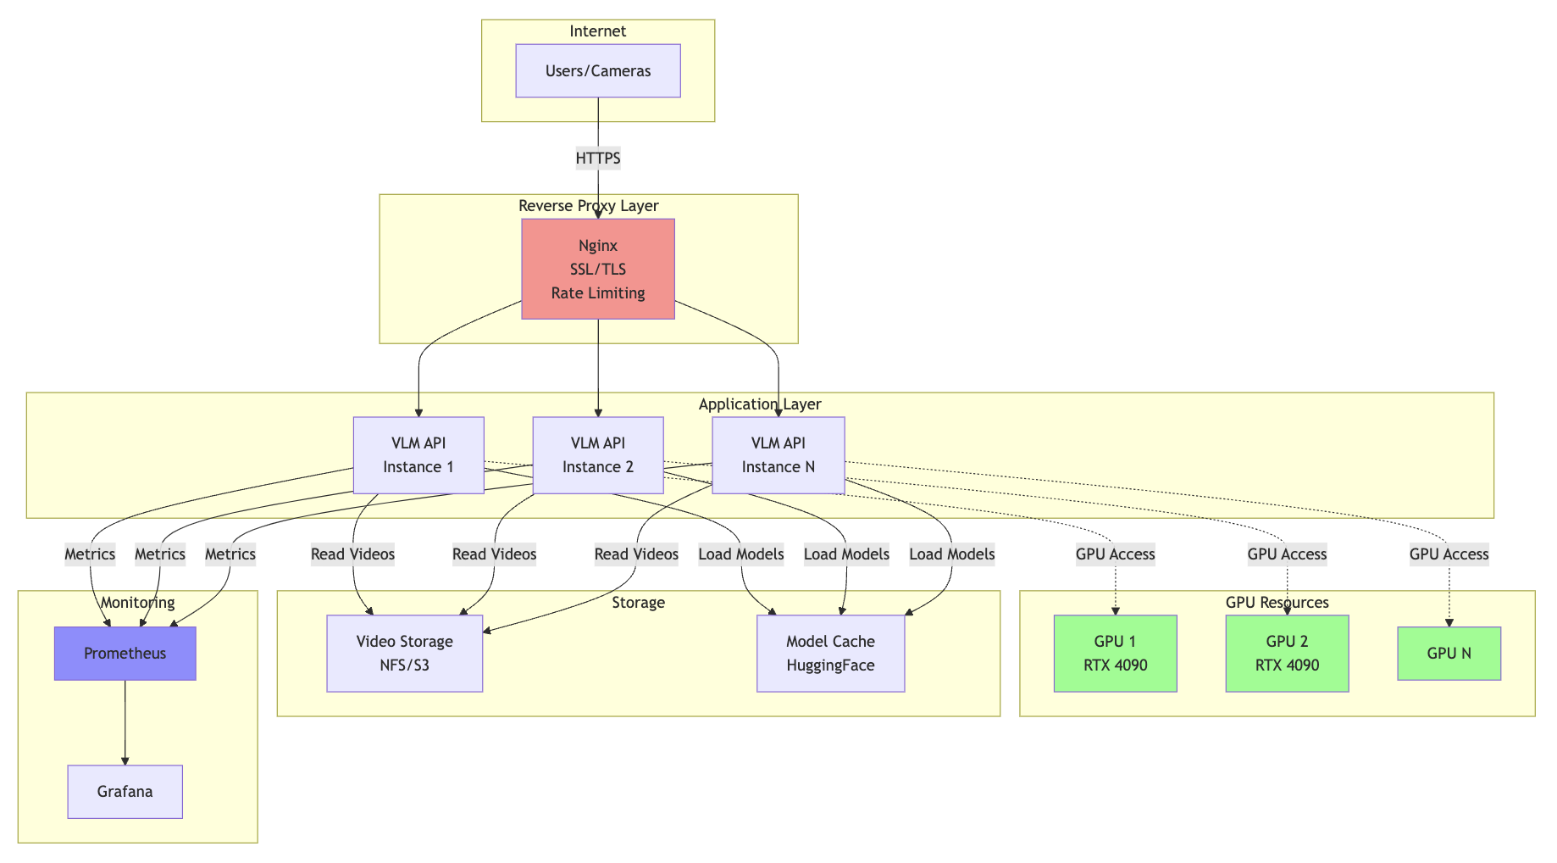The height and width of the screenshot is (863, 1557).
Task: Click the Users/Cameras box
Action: [597, 71]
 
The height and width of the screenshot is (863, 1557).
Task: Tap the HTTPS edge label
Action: [597, 158]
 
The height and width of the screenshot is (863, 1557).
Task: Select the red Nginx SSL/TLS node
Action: [597, 269]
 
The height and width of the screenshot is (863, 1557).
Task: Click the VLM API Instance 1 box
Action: [418, 455]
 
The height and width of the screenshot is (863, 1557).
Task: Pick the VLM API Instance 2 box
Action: [597, 455]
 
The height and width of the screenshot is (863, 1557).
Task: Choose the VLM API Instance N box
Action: [778, 455]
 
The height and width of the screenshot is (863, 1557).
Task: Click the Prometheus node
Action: [125, 654]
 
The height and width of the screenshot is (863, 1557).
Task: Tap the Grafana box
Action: [125, 792]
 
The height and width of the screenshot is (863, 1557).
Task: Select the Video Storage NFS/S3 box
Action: [404, 654]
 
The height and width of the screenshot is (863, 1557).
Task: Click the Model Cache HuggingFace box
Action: [830, 654]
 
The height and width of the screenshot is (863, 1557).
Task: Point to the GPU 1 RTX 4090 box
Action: [1115, 654]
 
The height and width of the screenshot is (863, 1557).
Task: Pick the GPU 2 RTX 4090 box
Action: [1287, 654]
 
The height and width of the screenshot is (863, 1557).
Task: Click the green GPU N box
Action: [1449, 654]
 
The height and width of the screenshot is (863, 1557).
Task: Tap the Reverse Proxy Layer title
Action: [588, 206]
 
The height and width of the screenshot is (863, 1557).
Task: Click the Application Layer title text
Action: [759, 404]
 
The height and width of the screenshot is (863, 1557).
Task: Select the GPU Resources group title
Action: [1277, 603]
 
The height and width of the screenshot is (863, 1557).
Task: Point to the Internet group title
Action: [597, 31]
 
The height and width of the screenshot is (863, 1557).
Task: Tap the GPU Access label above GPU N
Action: [1449, 554]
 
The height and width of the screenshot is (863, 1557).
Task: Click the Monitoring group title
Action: [137, 603]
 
